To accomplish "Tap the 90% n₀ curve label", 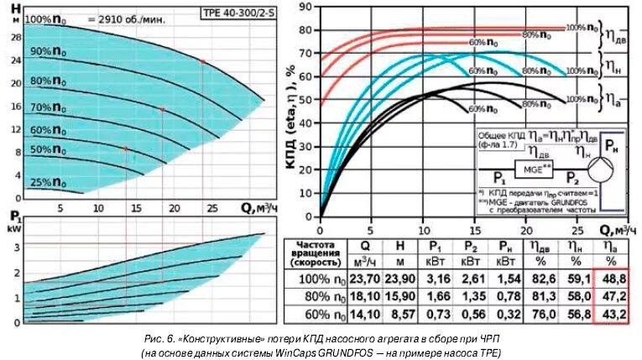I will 49,51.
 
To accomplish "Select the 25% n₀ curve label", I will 49,182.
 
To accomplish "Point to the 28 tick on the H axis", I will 16,38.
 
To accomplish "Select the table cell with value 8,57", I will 399,315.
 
